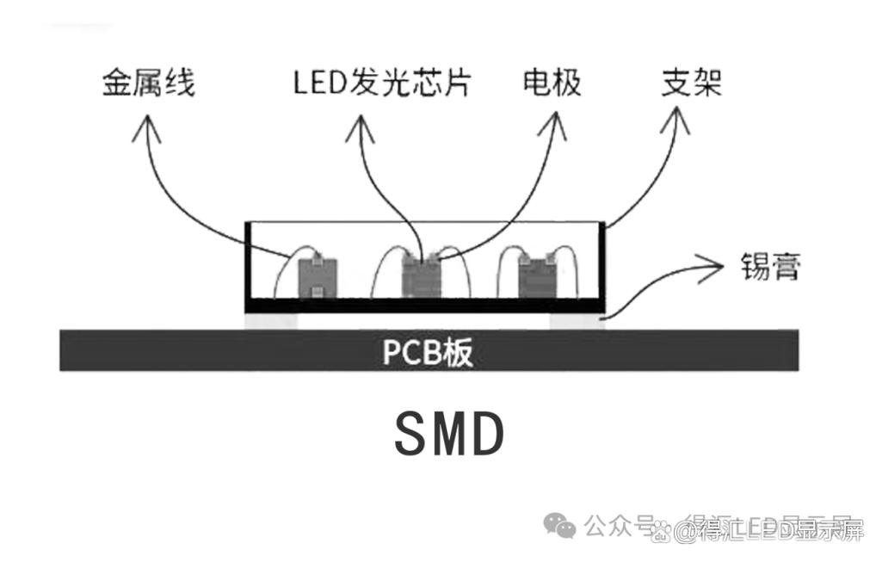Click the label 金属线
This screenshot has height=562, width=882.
tap(149, 83)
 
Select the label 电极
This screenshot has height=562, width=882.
tap(552, 83)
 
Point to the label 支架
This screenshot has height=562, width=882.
tap(690, 83)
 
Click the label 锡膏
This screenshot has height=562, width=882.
tap(771, 267)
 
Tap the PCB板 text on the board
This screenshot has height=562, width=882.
tap(428, 352)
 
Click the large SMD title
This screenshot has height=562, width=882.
tap(448, 435)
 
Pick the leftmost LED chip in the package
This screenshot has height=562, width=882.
tap(316, 277)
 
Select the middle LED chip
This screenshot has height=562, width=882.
tap(422, 276)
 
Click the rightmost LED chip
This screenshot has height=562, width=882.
tap(535, 275)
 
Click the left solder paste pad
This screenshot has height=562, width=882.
tap(271, 320)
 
